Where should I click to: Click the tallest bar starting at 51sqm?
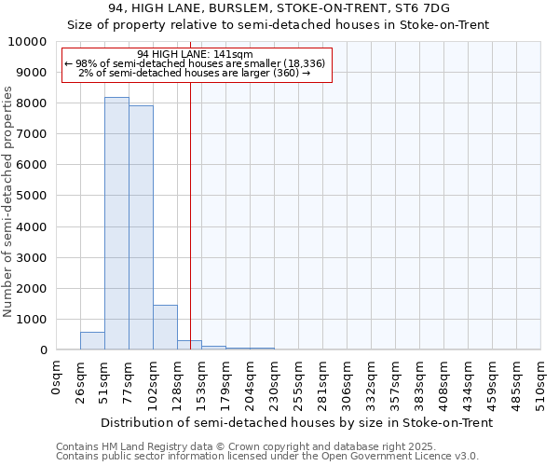point(116,224)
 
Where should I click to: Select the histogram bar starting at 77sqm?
point(141,227)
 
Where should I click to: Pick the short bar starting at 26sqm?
point(92,341)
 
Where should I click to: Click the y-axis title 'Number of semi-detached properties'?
point(9,201)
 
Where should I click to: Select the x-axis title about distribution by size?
point(296,422)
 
